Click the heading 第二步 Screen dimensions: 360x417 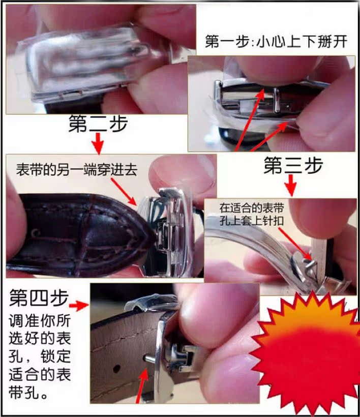pyautogui.click(x=98, y=124)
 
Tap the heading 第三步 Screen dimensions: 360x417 pyautogui.click(x=293, y=165)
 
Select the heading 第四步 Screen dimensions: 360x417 pyautogui.click(x=39, y=298)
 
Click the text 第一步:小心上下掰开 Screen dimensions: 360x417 pyautogui.click(x=276, y=42)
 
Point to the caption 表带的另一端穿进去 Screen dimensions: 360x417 pyautogui.click(x=77, y=170)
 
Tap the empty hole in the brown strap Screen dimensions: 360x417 pyautogui.click(x=116, y=369)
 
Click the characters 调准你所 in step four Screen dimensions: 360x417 pyautogui.click(x=40, y=320)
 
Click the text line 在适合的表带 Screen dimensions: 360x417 pyautogui.click(x=251, y=207)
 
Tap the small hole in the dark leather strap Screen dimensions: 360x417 pyautogui.click(x=35, y=233)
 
